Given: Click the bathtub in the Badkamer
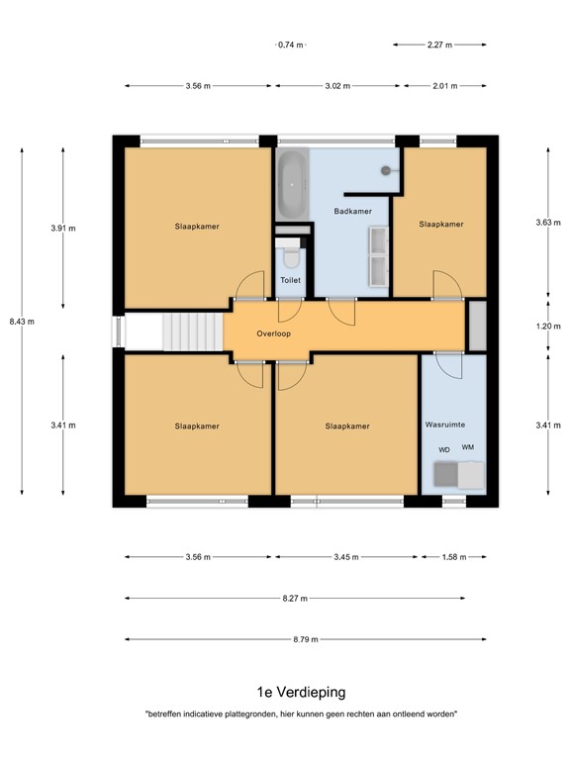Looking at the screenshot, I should click(x=292, y=185).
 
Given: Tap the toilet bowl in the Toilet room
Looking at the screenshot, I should click(x=290, y=257).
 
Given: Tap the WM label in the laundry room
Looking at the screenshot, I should click(x=467, y=448).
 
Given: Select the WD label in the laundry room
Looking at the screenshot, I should click(x=444, y=450).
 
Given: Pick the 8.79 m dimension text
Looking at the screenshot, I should click(x=307, y=639).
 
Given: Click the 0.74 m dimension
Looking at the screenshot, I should click(x=290, y=45).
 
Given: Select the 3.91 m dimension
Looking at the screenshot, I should click(x=63, y=228).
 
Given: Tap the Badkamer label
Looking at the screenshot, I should click(x=351, y=212).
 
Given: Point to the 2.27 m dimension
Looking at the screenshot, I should click(x=439, y=45).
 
